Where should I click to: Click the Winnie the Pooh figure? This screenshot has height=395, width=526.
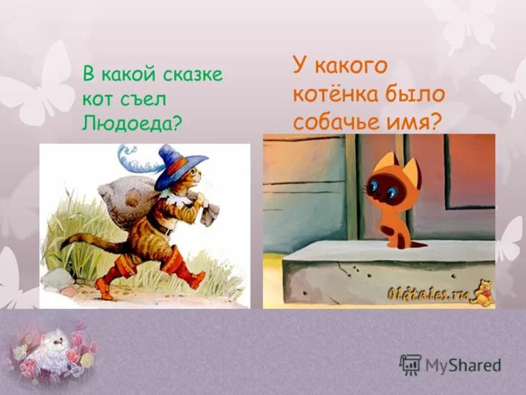(483, 293)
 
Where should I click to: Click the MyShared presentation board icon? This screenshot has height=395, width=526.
(410, 365)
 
